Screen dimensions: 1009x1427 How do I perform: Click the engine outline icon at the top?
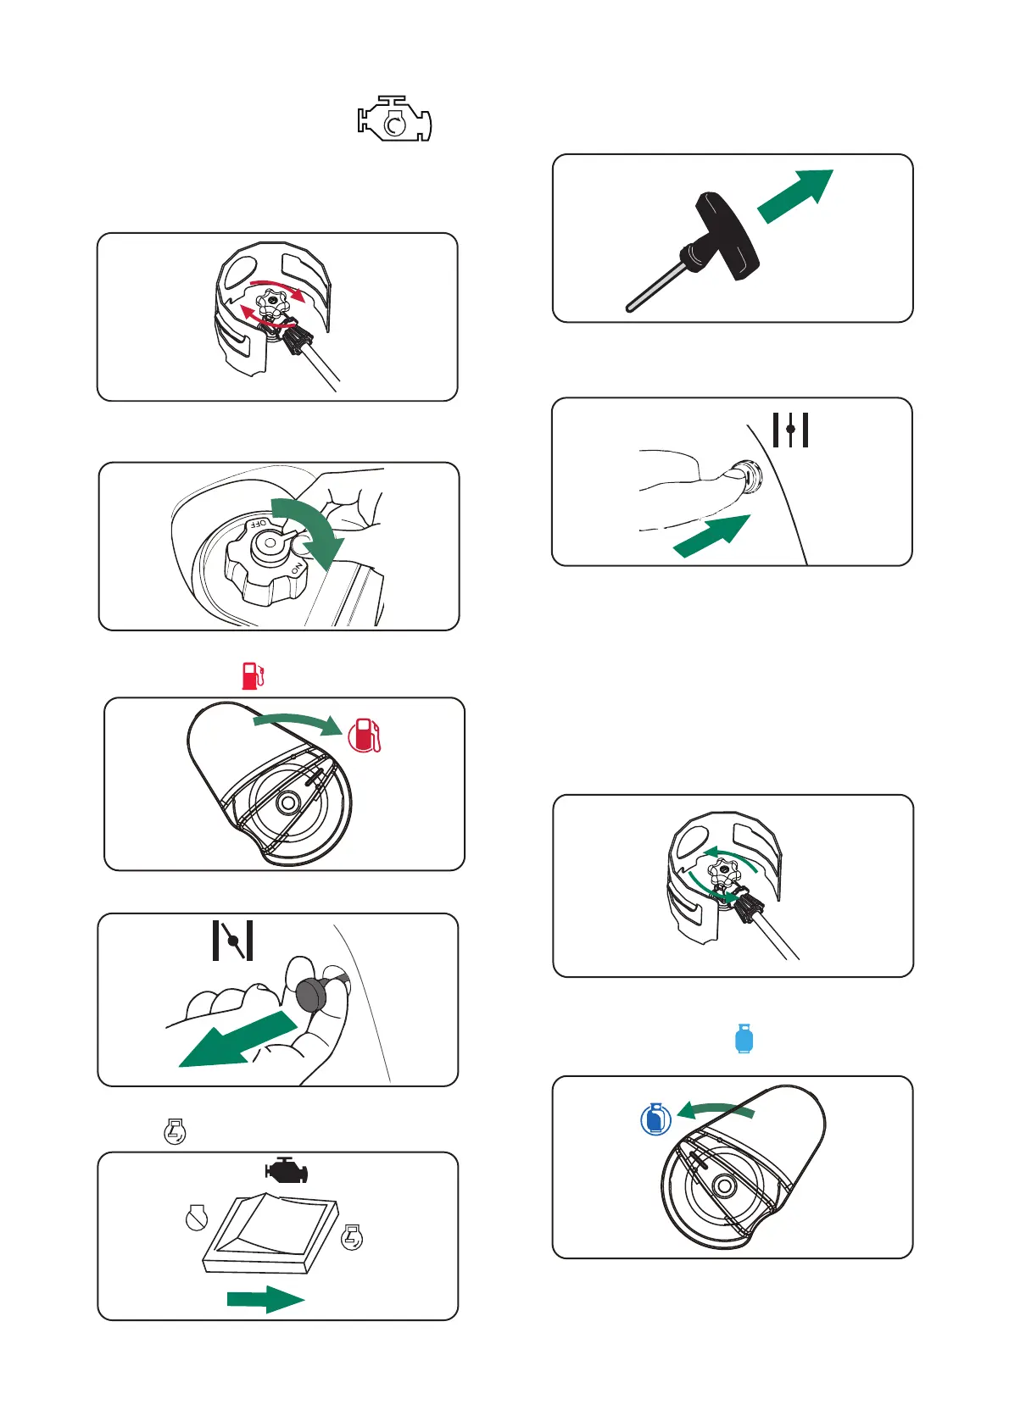(x=394, y=119)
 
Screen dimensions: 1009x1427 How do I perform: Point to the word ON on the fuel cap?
(x=297, y=569)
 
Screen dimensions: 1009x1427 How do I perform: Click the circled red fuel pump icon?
(x=365, y=735)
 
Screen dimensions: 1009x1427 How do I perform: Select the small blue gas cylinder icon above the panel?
(x=744, y=1038)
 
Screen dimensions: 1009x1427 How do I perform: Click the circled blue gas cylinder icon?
(x=655, y=1119)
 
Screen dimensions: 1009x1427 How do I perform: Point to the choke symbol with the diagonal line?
(x=232, y=941)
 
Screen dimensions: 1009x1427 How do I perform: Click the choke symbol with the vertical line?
(x=790, y=430)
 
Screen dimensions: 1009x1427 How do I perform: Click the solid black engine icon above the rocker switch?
(x=287, y=1170)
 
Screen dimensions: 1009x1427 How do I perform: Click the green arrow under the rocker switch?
(x=265, y=1299)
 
